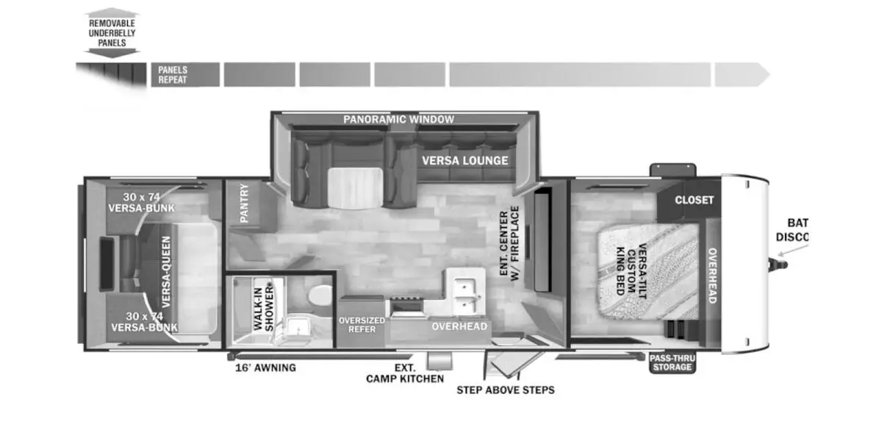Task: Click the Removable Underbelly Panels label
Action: pyautogui.click(x=112, y=33)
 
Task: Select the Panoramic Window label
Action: pyautogui.click(x=398, y=119)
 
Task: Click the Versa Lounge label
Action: pyautogui.click(x=465, y=160)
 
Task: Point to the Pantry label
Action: pyautogui.click(x=244, y=203)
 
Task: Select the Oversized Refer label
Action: pyautogui.click(x=362, y=324)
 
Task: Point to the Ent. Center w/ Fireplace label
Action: pyautogui.click(x=509, y=242)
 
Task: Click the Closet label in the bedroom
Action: pyautogui.click(x=695, y=200)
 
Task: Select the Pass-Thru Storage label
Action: pyautogui.click(x=672, y=362)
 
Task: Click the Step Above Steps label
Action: pyautogui.click(x=506, y=390)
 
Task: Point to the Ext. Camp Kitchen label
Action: pyautogui.click(x=405, y=373)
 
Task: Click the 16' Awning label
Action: pyautogui.click(x=265, y=367)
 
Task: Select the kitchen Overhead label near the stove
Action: pyautogui.click(x=459, y=326)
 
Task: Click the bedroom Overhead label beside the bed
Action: pyautogui.click(x=712, y=275)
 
